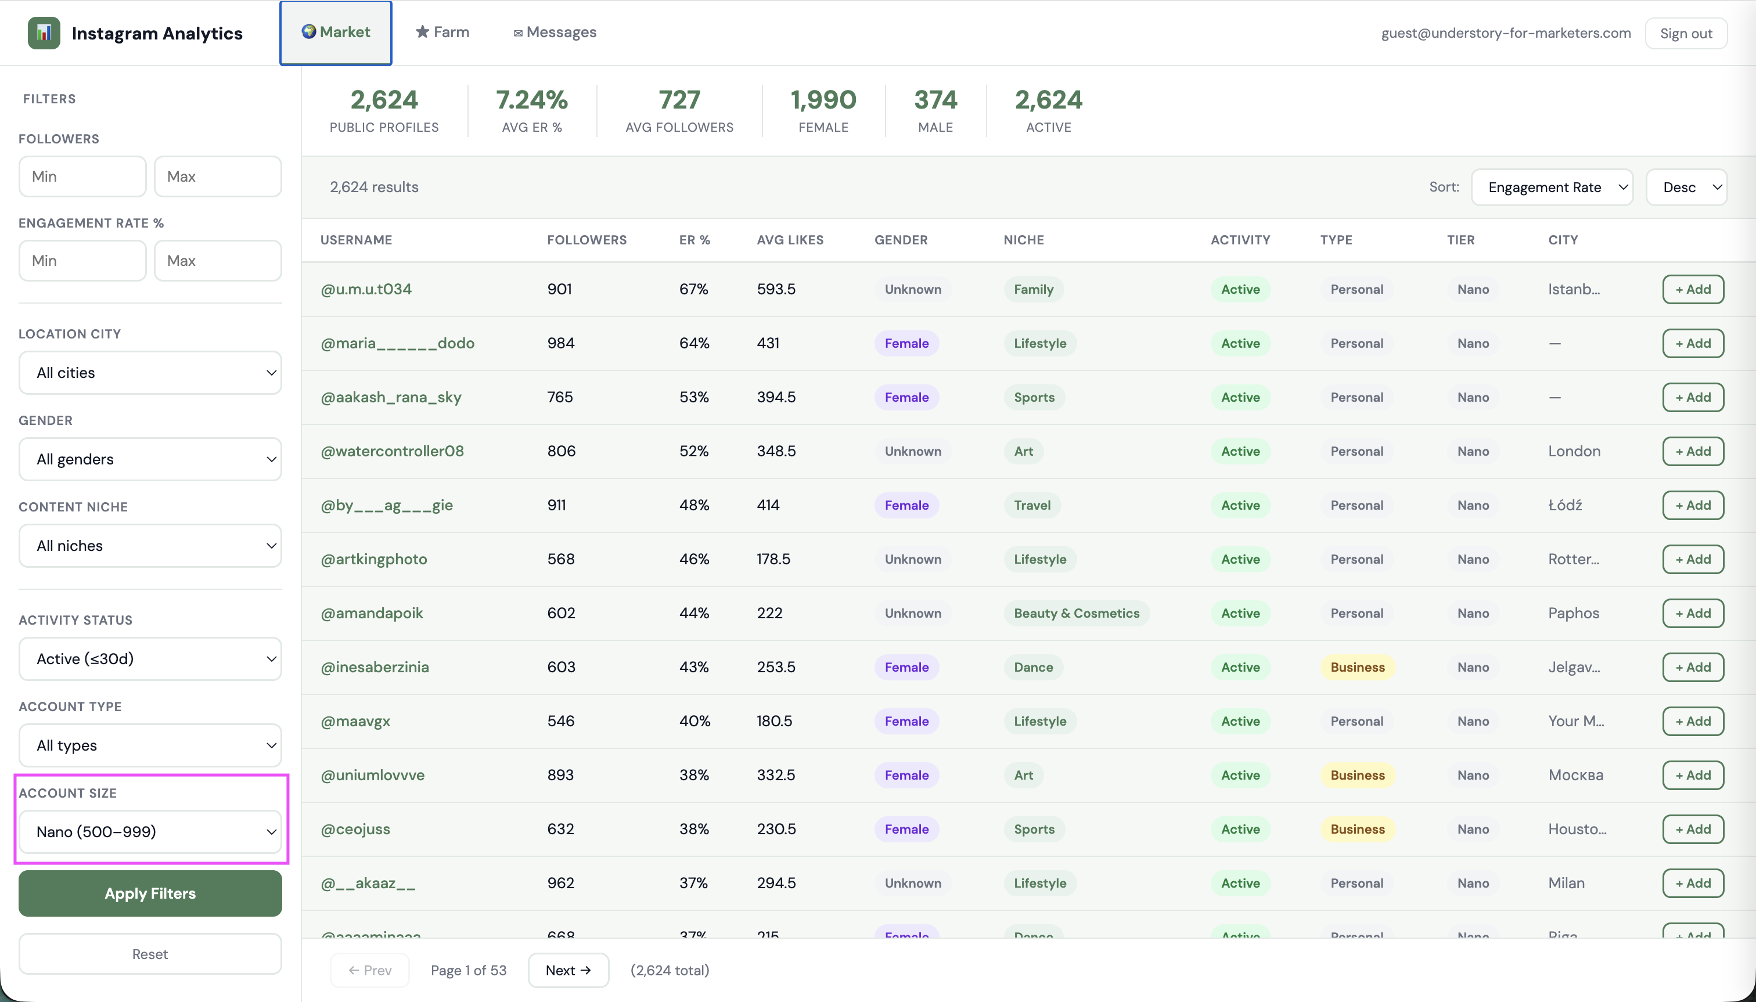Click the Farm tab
pos(442,33)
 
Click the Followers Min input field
pos(82,176)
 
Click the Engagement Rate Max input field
pos(218,260)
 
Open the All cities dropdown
pos(150,372)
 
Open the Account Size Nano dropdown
pos(150,831)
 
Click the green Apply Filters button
pos(150,893)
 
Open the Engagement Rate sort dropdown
pos(1552,187)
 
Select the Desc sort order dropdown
pos(1686,187)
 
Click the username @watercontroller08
pos(393,450)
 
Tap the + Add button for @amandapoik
pos(1693,613)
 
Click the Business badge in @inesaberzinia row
pos(1356,667)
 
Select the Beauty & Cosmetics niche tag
pos(1076,613)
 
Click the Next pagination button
pos(568,969)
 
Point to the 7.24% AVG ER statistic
pos(531,100)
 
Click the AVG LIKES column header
pos(790,240)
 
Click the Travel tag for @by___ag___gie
pos(1032,505)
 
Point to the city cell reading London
pos(1574,450)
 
